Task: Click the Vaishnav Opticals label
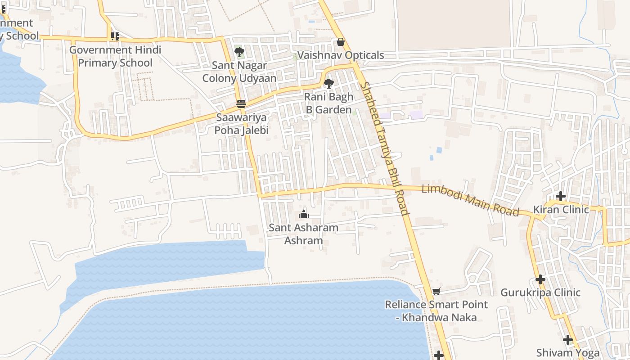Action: (341, 55)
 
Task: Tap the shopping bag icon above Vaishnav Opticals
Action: (341, 42)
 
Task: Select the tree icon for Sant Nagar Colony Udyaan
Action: (239, 52)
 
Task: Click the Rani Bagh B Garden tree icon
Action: (328, 83)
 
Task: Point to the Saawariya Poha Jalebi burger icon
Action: (241, 104)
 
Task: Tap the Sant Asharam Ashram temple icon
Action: (304, 214)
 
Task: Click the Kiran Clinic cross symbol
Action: (560, 196)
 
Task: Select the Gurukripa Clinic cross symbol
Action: (540, 279)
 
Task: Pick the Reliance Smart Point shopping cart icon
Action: (436, 292)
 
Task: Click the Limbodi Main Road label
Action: (470, 200)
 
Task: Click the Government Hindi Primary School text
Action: (115, 56)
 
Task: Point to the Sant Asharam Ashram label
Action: (303, 234)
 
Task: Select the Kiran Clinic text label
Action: (561, 210)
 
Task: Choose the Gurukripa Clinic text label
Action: (540, 292)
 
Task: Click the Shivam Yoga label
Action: (568, 352)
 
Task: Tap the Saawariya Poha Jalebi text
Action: (241, 124)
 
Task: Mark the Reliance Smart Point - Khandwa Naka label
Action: (436, 311)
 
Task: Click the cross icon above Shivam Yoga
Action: (568, 339)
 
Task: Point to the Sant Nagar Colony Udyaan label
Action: (239, 72)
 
